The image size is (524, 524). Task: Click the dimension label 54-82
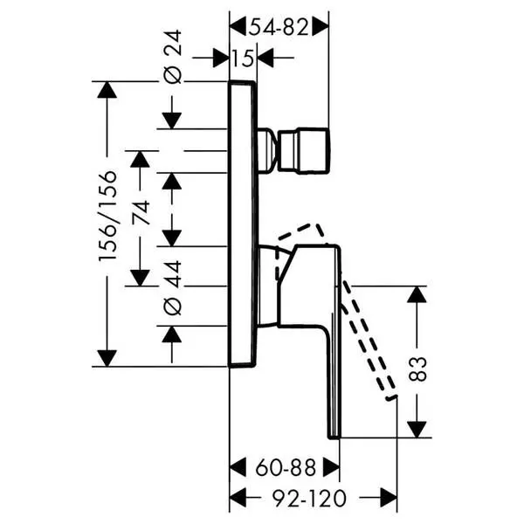tap(279, 27)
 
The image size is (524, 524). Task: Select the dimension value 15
tap(243, 59)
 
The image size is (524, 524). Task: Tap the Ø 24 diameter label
tap(173, 57)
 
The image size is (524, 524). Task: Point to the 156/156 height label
tap(108, 216)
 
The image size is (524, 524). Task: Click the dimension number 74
tap(141, 212)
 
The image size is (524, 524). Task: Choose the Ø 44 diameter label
tap(173, 288)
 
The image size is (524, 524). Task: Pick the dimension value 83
tap(417, 369)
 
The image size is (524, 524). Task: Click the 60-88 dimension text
tap(286, 467)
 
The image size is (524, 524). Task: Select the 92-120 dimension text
tap(309, 499)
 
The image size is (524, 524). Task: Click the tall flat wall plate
tap(244, 224)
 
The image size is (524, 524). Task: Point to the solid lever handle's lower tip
tap(334, 437)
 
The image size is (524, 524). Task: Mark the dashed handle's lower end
tap(391, 397)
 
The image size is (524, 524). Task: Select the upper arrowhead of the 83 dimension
tap(417, 294)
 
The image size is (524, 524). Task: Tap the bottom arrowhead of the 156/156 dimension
tap(107, 358)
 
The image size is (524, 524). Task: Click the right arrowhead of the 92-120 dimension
tap(389, 499)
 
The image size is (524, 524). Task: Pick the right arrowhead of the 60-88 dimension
tap(332, 467)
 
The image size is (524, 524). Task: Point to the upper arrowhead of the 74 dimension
tap(140, 160)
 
